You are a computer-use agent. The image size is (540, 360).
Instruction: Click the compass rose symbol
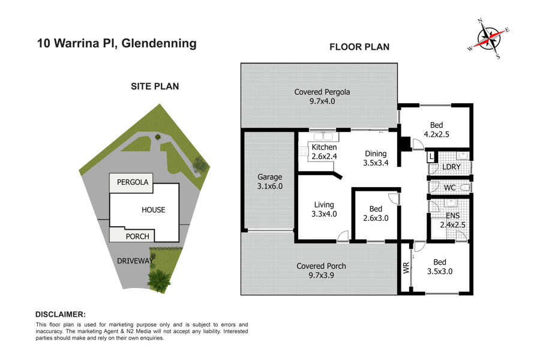click(x=489, y=39)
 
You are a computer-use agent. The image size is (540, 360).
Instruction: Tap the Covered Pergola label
click(x=322, y=97)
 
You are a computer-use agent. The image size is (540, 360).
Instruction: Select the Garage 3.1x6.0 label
click(x=269, y=182)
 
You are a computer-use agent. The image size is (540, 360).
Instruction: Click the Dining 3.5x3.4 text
click(x=376, y=158)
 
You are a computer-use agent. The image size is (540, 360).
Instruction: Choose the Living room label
click(x=324, y=209)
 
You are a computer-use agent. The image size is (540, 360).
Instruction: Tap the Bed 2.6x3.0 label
click(x=376, y=213)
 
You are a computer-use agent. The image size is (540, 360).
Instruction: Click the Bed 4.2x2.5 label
click(x=436, y=130)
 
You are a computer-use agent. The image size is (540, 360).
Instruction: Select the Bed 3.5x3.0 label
click(x=440, y=266)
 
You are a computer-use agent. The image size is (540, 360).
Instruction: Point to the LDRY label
click(x=451, y=167)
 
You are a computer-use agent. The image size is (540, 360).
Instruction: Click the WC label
click(x=450, y=188)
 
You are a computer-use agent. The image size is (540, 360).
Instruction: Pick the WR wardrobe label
click(x=406, y=268)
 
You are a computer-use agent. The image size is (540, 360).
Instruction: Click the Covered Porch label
click(x=322, y=271)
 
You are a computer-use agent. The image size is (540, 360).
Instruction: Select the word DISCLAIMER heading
click(x=61, y=314)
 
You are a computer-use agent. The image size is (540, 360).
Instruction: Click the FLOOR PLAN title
click(x=359, y=47)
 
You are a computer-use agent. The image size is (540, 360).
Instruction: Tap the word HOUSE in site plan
click(x=153, y=210)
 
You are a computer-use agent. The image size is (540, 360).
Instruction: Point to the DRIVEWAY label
click(x=135, y=261)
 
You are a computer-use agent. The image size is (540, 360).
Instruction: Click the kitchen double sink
click(x=323, y=136)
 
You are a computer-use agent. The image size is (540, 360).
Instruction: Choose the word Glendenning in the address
click(x=159, y=43)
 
